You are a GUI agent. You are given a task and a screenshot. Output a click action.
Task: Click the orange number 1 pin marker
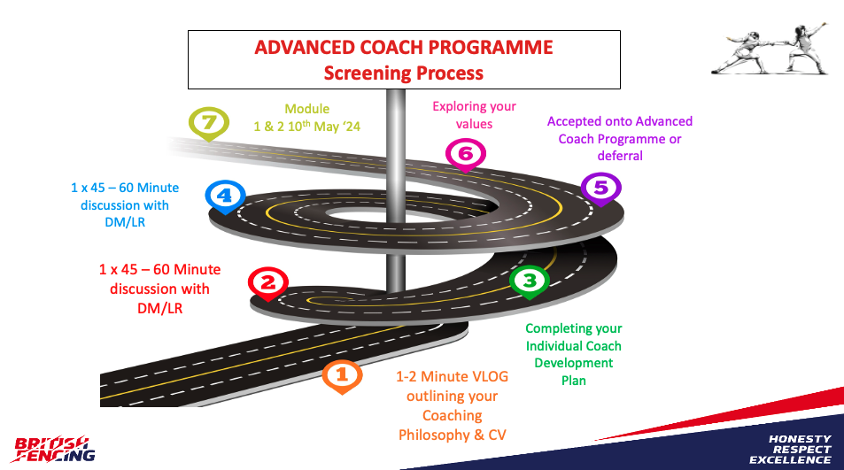point(343,375)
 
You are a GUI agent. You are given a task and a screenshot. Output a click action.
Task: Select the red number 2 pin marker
point(268,283)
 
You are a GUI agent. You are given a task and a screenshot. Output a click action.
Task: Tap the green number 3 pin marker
point(530,281)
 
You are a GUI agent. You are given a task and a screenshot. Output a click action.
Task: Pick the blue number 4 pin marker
point(224,196)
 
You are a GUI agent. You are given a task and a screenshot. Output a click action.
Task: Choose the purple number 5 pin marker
point(600,188)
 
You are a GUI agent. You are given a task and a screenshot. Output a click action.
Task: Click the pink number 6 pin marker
point(466,155)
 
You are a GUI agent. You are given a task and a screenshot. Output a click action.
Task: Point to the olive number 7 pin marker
point(209,124)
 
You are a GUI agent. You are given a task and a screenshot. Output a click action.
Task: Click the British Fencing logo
point(55,449)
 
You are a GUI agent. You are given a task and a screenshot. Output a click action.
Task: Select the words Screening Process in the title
point(403,73)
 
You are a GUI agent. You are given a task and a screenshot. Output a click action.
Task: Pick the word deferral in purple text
point(619,155)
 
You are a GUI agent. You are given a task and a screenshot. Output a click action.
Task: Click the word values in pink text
point(474,124)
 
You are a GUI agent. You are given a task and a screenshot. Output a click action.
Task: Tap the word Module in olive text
point(306,109)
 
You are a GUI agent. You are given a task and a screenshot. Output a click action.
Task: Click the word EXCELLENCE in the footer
point(790,460)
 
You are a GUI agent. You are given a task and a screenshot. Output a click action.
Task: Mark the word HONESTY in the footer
point(799,439)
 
